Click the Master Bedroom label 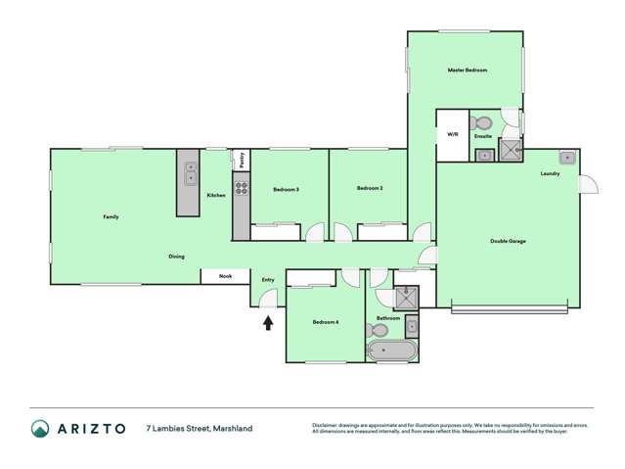[x=467, y=70]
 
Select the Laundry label [x=549, y=174]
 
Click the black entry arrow [x=267, y=322]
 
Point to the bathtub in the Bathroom [x=392, y=351]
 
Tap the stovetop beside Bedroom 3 [x=241, y=188]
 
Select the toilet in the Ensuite [x=481, y=123]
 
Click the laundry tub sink [x=566, y=157]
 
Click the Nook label [x=225, y=276]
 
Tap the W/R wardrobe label [x=453, y=134]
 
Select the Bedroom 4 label [x=325, y=322]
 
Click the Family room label [x=112, y=216]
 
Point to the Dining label [x=176, y=257]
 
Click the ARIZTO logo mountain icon [x=40, y=428]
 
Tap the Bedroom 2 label [x=369, y=188]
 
